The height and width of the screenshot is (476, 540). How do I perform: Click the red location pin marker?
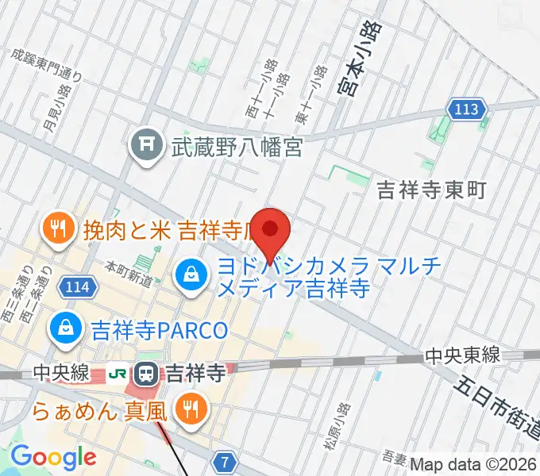(271, 230)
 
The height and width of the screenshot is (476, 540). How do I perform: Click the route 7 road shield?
(226, 461)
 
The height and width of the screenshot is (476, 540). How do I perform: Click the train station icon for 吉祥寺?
(147, 371)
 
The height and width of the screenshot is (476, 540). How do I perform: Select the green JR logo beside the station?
(119, 371)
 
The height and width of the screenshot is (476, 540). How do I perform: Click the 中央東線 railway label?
(461, 355)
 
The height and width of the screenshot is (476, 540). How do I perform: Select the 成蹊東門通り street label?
(46, 64)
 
